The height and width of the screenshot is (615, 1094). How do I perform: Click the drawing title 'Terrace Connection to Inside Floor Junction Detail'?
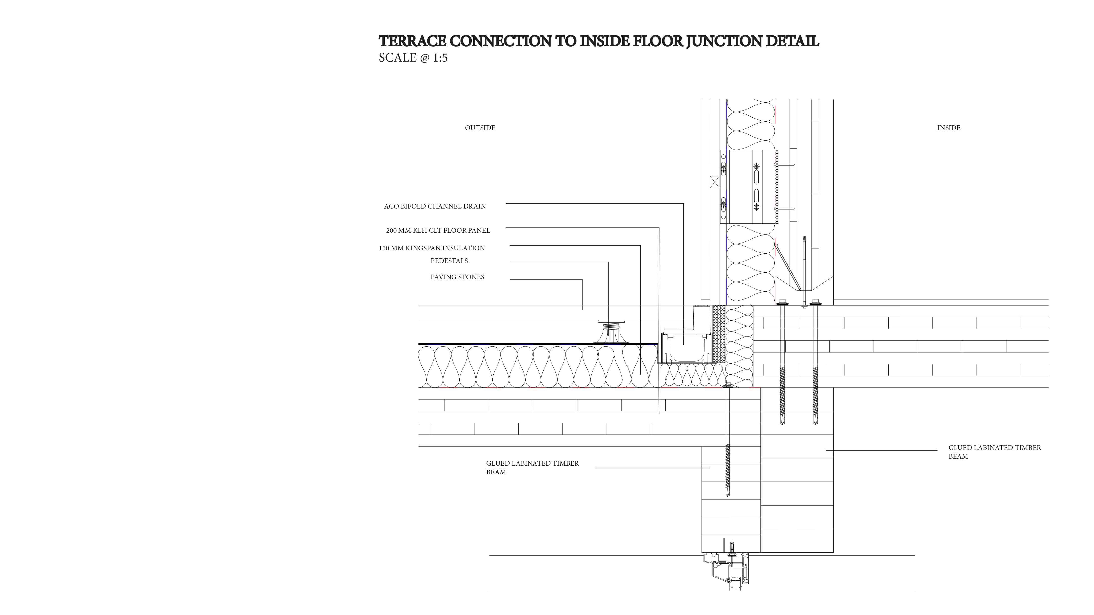[x=599, y=41]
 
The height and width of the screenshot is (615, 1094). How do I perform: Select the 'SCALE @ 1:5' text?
[x=413, y=58]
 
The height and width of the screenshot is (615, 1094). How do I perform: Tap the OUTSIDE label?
[x=480, y=128]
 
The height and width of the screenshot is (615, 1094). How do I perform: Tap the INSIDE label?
[x=949, y=128]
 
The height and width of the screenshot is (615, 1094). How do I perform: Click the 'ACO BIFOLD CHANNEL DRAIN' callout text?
[x=435, y=206]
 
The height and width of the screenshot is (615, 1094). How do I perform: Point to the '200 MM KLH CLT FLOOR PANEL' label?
[x=438, y=230]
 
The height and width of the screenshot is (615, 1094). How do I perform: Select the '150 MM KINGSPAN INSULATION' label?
[x=432, y=248]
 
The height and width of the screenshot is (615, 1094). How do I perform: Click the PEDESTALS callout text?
[x=449, y=261]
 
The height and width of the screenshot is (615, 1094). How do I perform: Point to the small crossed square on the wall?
[x=715, y=182]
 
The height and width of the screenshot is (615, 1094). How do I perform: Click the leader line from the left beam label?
[x=652, y=468]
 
